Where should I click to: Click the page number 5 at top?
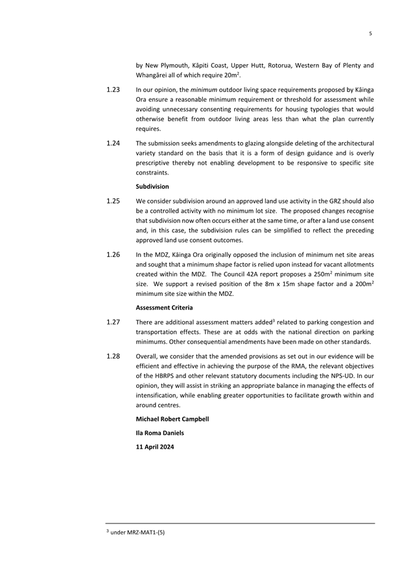pos(370,33)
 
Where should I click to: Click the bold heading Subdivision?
pos(152,187)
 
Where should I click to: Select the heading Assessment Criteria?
pos(164,308)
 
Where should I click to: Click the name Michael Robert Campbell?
pos(172,419)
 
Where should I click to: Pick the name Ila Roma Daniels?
pos(159,433)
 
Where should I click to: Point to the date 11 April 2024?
pos(155,447)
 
